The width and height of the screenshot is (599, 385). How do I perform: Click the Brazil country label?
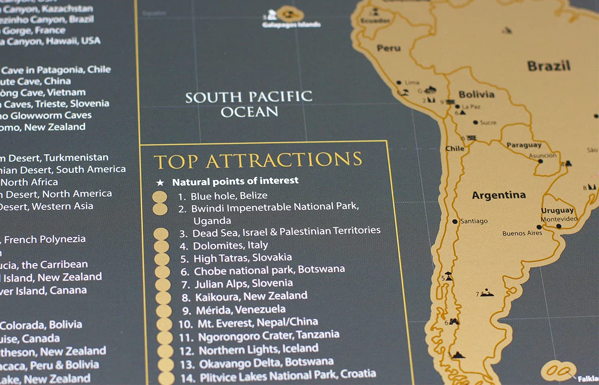click(x=549, y=66)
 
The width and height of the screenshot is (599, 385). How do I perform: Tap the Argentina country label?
click(x=499, y=195)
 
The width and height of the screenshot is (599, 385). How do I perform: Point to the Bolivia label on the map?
click(x=477, y=95)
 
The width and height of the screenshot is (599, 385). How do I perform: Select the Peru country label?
click(x=388, y=48)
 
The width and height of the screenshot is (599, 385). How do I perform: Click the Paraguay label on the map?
click(x=524, y=145)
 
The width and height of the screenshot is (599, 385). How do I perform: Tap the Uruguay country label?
click(x=557, y=210)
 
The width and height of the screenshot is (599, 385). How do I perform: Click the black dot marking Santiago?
click(x=455, y=222)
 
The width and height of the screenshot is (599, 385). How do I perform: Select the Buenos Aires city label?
click(x=522, y=234)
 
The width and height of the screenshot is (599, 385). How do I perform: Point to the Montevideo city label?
click(x=559, y=219)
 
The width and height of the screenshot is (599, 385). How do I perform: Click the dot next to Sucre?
click(x=475, y=122)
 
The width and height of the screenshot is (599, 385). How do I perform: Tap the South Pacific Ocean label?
click(x=249, y=104)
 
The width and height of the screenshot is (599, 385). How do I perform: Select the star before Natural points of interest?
click(x=160, y=183)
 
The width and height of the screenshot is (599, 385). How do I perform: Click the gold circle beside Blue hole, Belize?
click(x=160, y=197)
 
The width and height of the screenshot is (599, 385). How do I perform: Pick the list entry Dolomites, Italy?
click(x=230, y=246)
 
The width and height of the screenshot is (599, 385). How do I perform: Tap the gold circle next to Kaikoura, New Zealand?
click(x=163, y=298)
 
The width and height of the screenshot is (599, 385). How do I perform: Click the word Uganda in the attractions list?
click(x=212, y=221)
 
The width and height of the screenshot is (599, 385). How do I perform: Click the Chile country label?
click(x=455, y=148)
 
